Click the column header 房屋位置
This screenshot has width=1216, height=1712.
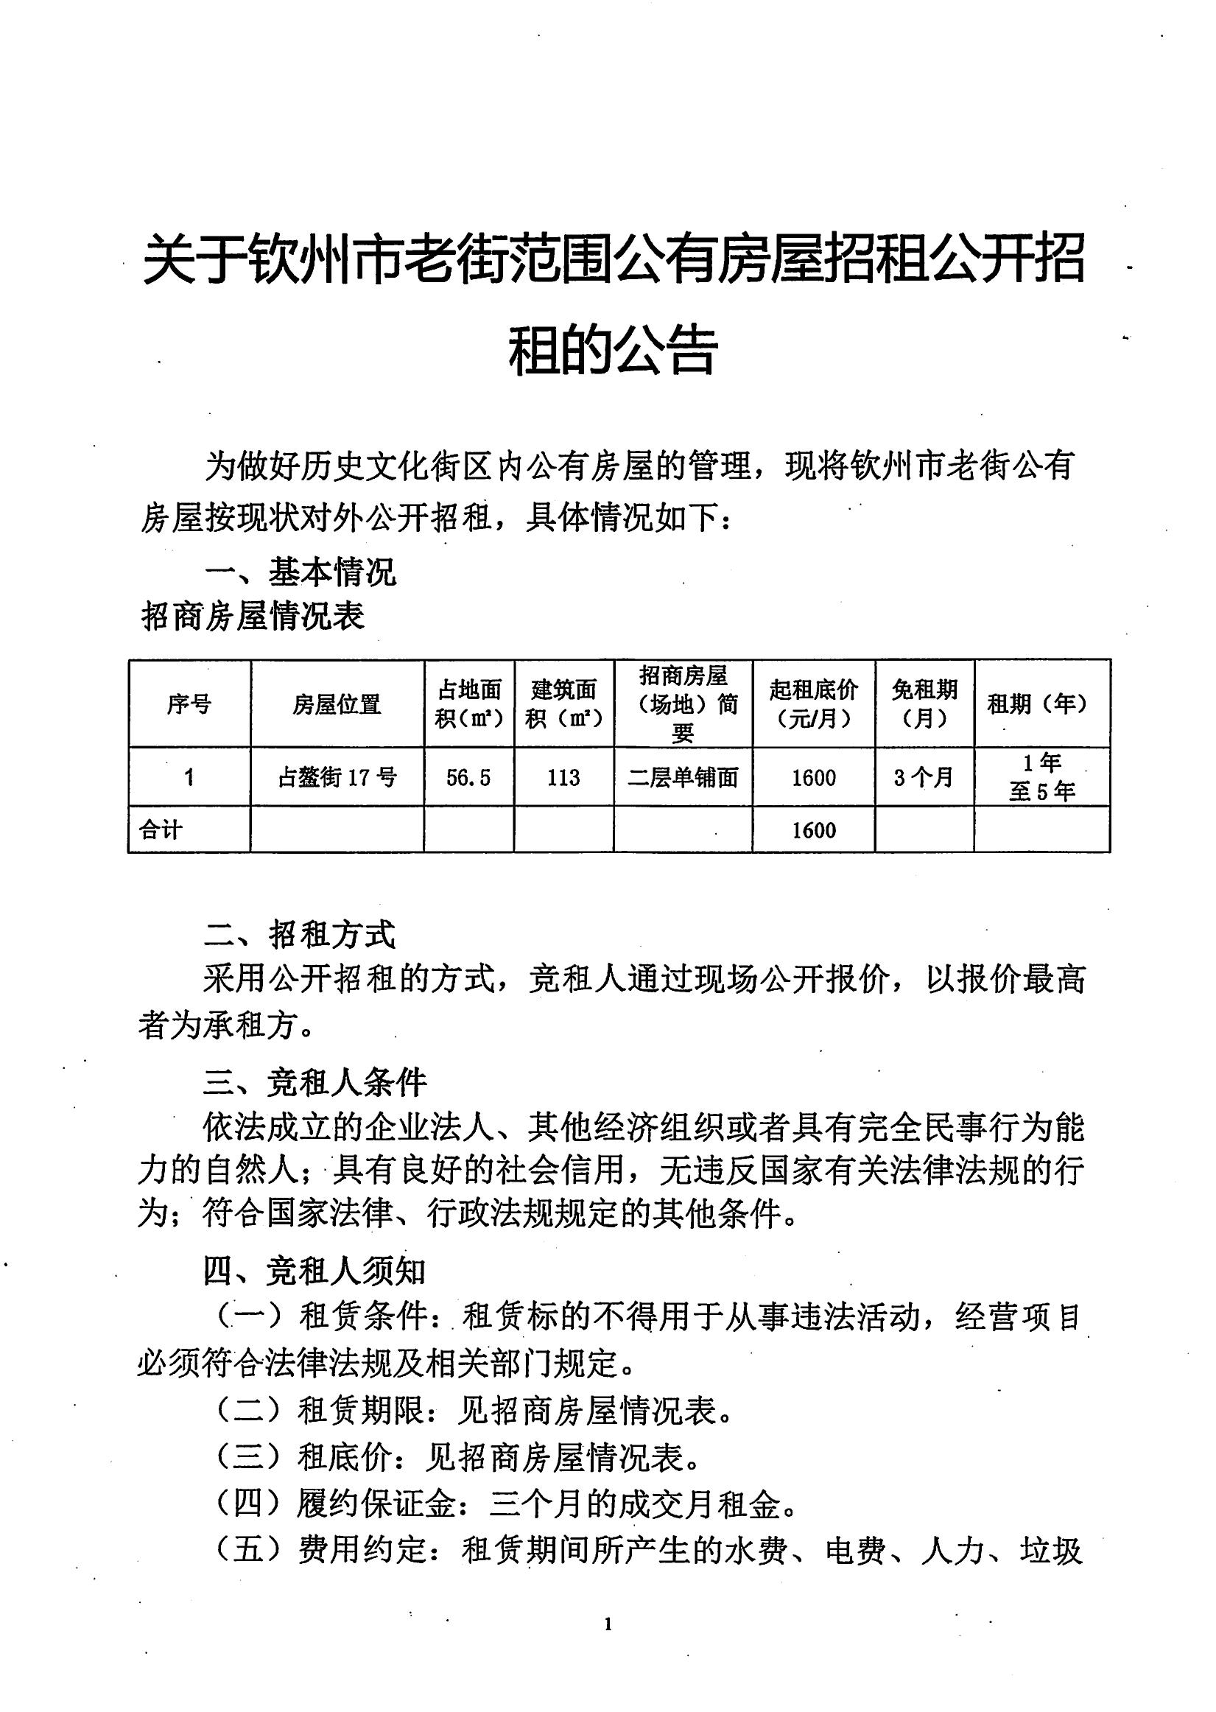coord(337,704)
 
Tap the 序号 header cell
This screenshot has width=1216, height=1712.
coord(189,704)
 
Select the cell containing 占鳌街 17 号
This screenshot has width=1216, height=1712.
coord(337,777)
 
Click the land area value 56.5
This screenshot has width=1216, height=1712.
coord(468,778)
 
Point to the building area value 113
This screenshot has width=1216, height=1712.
coord(563,778)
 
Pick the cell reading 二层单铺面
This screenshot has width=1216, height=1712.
coord(683,778)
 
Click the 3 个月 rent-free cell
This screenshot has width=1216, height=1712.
coord(924,777)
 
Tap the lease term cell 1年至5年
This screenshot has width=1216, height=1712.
coord(1041,777)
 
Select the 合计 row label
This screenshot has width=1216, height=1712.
coord(161,829)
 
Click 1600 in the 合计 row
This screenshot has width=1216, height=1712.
coord(814,830)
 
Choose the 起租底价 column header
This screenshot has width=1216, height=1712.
coord(814,704)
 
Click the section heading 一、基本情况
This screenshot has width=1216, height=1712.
coord(301,574)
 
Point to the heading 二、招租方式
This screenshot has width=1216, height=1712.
coord(300,936)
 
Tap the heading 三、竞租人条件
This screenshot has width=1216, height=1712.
coord(315,1082)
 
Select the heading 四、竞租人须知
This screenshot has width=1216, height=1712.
coord(315,1271)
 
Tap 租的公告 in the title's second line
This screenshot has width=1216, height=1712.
coord(614,350)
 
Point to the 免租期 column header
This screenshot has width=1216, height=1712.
coord(925,704)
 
